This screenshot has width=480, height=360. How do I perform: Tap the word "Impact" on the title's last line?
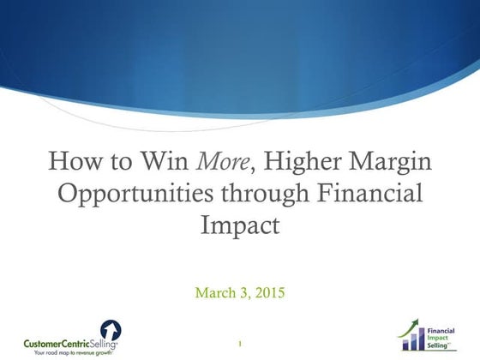[240, 226]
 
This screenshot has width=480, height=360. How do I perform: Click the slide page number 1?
[240, 344]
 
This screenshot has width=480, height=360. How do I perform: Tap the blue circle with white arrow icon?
[110, 331]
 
